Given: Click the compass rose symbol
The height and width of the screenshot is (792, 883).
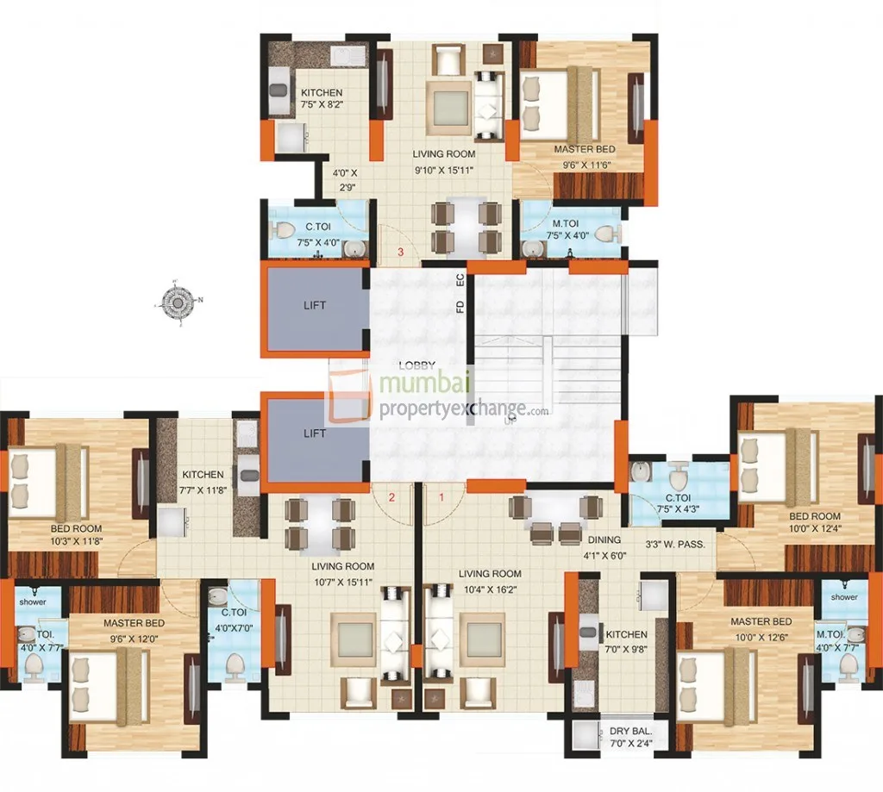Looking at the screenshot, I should pyautogui.click(x=177, y=302).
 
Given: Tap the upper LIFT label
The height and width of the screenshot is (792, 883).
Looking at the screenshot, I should pyautogui.click(x=315, y=305).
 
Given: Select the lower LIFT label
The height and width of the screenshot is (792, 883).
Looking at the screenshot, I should pyautogui.click(x=315, y=433).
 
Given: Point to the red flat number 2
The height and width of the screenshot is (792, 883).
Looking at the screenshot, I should pyautogui.click(x=391, y=497).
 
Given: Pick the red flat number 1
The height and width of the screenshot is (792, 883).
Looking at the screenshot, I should pyautogui.click(x=441, y=497).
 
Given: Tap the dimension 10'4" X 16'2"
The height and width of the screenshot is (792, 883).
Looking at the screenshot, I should pyautogui.click(x=490, y=587).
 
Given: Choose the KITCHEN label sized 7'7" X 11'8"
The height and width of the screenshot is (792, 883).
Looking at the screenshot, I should pyautogui.click(x=203, y=475).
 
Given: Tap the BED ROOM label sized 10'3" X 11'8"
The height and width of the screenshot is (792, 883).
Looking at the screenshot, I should pyautogui.click(x=76, y=528).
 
